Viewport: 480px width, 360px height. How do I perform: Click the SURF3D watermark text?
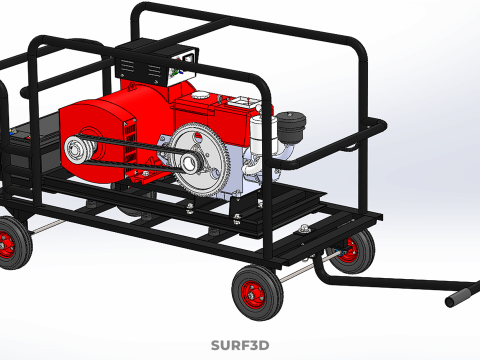tap(240, 346)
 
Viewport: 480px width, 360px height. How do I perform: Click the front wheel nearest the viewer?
tap(257, 293)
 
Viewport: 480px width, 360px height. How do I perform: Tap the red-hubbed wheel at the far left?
tap(11, 243)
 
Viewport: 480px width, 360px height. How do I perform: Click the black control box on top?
tap(151, 63)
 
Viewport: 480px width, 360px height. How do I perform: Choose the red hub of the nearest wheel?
tap(257, 294)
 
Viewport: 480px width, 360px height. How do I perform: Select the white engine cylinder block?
tap(262, 140)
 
